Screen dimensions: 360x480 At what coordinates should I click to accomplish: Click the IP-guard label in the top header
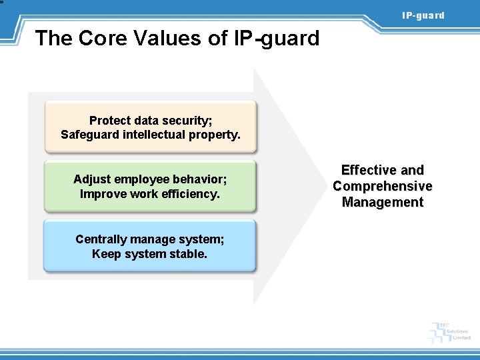(x=423, y=15)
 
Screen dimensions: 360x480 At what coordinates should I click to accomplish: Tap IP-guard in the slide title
(x=277, y=39)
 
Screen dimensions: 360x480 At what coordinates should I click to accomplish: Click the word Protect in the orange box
(x=110, y=121)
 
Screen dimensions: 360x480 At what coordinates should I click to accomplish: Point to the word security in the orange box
(x=186, y=121)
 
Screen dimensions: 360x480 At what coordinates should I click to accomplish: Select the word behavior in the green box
(x=200, y=179)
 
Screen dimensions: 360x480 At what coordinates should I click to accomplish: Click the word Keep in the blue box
(x=105, y=254)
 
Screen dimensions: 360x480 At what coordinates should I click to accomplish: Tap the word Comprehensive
(x=383, y=186)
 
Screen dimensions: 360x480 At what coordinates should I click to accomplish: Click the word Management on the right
(x=383, y=202)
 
